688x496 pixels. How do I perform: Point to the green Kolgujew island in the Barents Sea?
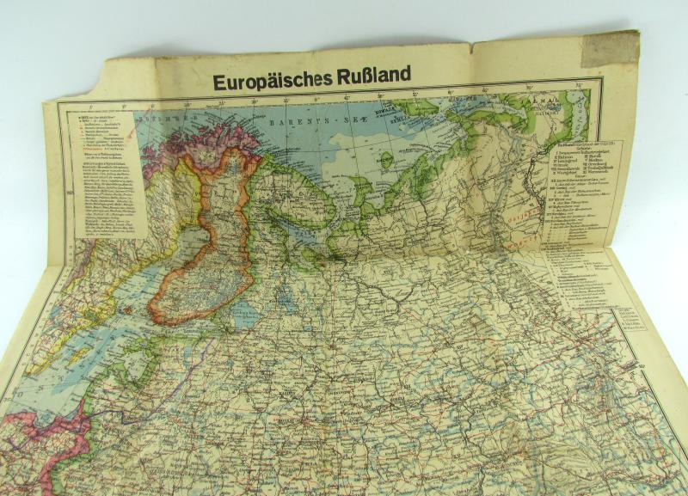pos(387,160)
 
